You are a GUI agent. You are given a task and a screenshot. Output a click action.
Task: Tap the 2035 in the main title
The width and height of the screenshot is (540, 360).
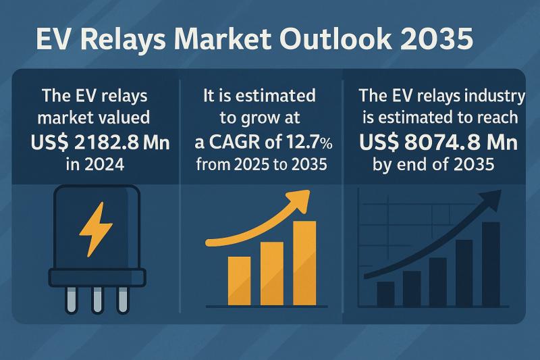point(445,40)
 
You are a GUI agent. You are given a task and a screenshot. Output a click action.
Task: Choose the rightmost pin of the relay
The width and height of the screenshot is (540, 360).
point(122,299)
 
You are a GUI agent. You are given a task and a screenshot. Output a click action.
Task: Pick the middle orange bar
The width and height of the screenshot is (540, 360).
point(271,272)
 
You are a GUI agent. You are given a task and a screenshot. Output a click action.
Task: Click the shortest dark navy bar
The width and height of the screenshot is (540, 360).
point(385,293)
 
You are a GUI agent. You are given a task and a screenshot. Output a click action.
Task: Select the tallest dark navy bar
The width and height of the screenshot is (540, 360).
point(491,263)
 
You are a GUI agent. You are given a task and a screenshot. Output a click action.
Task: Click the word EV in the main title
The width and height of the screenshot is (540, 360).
point(51,40)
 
